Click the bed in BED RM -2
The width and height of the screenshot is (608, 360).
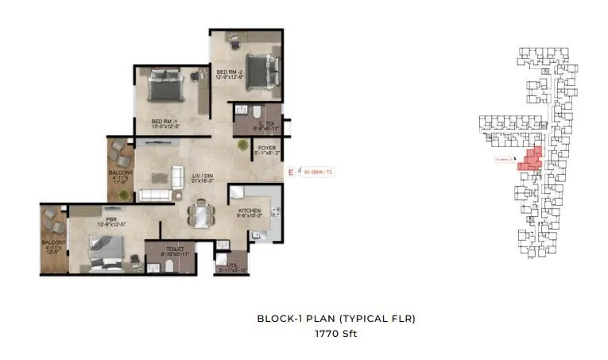pyautogui.click(x=258, y=72)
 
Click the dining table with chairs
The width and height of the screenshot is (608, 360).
pyautogui.click(x=200, y=215)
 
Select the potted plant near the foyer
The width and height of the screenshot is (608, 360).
pyautogui.click(x=242, y=145)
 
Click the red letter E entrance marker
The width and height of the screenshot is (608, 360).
pyautogui.click(x=291, y=172)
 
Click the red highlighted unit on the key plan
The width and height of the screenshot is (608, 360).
pyautogui.click(x=529, y=159)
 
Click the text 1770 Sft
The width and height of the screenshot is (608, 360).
pyautogui.click(x=335, y=334)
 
